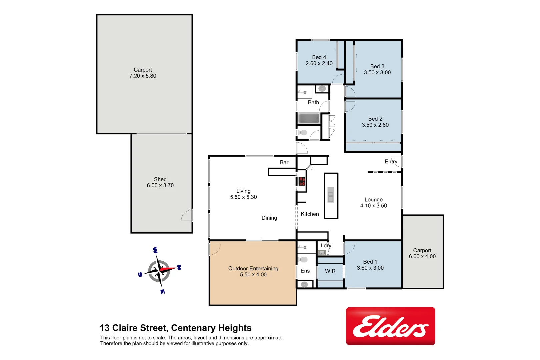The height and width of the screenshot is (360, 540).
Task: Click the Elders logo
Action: click(x=390, y=326)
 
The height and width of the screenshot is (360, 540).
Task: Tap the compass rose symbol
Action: click(x=159, y=270)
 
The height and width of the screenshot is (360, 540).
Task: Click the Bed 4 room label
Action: click(x=319, y=57)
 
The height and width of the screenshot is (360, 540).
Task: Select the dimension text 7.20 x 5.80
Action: click(x=143, y=76)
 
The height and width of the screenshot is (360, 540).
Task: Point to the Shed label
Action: click(x=160, y=179)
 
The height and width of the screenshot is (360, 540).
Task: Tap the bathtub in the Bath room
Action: click(x=309, y=118)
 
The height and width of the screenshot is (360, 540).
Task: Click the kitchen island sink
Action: click(x=331, y=195)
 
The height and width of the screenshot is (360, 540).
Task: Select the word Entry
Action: click(x=391, y=162)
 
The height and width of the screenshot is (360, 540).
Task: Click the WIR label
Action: click(x=330, y=271)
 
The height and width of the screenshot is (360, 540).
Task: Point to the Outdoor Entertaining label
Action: click(x=253, y=269)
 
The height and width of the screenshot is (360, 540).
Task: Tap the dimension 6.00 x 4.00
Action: click(x=422, y=257)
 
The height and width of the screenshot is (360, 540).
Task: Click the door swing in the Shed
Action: click(x=187, y=215)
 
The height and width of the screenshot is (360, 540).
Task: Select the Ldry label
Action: click(x=326, y=246)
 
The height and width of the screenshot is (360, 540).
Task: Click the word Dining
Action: click(x=269, y=218)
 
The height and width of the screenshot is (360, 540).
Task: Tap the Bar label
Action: click(x=284, y=162)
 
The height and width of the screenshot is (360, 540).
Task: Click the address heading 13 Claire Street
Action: click(x=175, y=328)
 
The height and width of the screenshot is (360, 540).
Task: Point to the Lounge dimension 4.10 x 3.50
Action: click(x=373, y=206)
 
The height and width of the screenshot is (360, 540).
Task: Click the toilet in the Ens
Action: click(x=303, y=259)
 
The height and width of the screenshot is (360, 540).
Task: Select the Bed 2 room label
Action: click(x=375, y=119)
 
